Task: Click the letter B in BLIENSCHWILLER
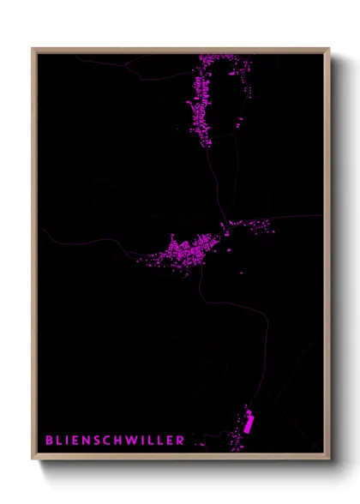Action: (x=49, y=441)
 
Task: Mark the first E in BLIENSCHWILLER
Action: (x=72, y=441)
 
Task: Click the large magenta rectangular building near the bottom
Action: (x=249, y=423)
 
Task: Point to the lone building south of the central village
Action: (x=241, y=273)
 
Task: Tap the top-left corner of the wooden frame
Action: (x=33, y=49)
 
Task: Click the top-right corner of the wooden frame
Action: (x=328, y=49)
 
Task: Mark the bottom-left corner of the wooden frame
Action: (x=33, y=459)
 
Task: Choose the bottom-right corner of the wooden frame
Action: (x=328, y=459)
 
